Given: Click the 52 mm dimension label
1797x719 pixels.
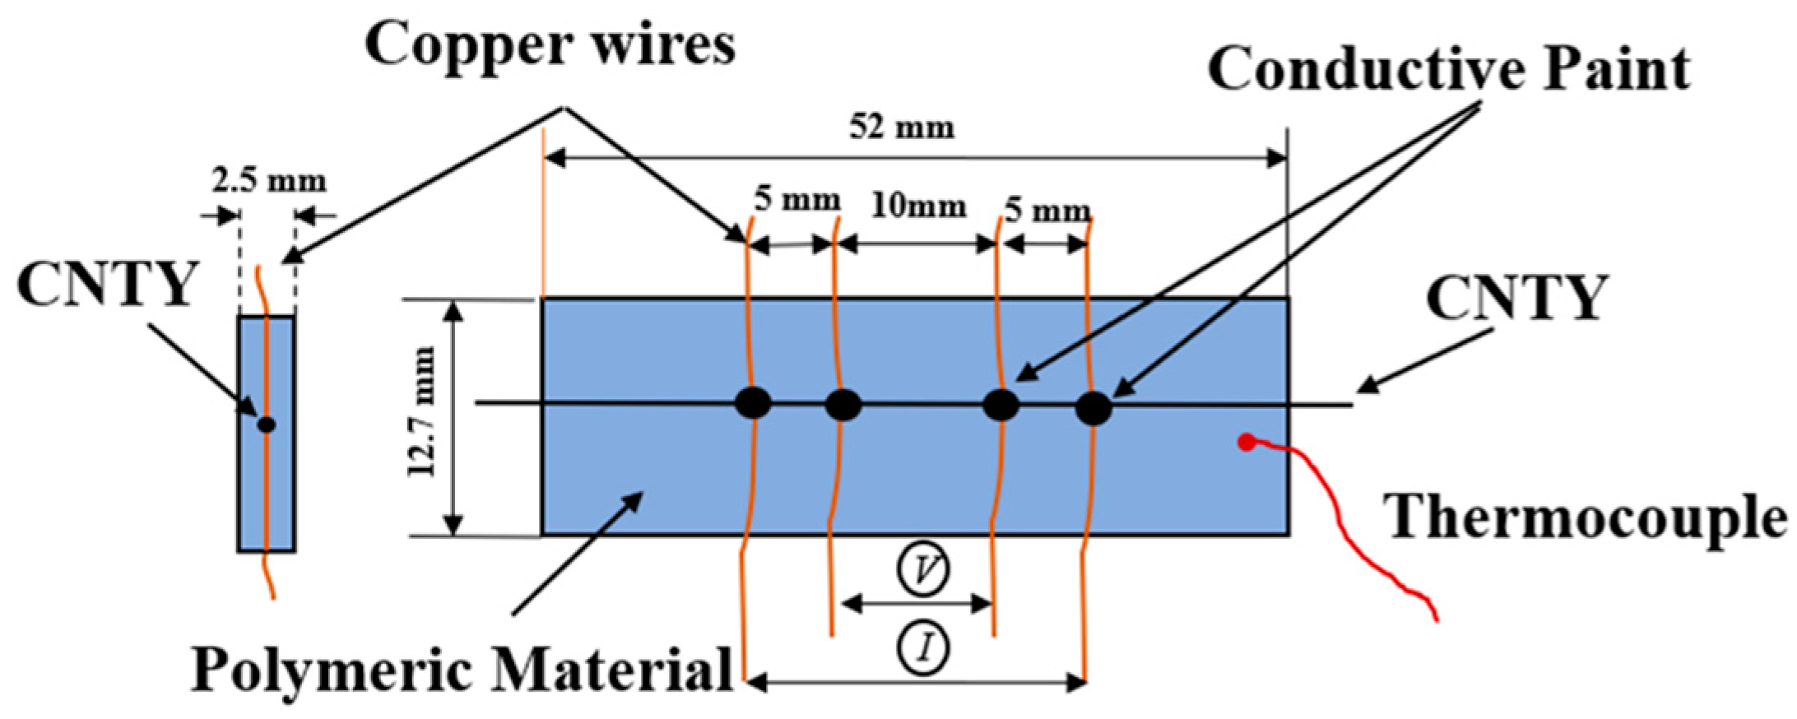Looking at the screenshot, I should (902, 128).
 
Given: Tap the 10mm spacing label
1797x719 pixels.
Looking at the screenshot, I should (918, 206).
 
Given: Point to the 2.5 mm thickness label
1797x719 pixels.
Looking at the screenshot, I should (268, 180).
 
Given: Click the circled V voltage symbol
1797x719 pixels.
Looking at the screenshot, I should (922, 570).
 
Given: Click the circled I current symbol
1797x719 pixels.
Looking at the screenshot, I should (922, 648).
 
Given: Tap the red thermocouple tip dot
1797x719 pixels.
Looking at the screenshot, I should (1247, 443).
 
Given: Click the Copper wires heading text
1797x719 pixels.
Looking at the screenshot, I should (550, 45).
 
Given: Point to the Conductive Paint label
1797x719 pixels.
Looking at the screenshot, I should (1448, 69).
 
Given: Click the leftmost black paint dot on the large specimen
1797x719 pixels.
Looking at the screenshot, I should (753, 403).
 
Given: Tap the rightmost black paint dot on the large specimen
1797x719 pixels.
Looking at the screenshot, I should (1094, 408).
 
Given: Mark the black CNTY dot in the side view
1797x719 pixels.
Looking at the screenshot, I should (266, 424).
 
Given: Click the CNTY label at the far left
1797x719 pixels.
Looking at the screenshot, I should (107, 285).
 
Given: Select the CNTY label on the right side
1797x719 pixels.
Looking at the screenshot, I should (1516, 298).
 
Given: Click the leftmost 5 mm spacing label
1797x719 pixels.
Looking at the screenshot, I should (797, 200).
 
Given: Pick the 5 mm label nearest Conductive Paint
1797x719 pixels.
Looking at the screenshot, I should (1047, 211).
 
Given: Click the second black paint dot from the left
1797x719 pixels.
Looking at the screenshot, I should (843, 405).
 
